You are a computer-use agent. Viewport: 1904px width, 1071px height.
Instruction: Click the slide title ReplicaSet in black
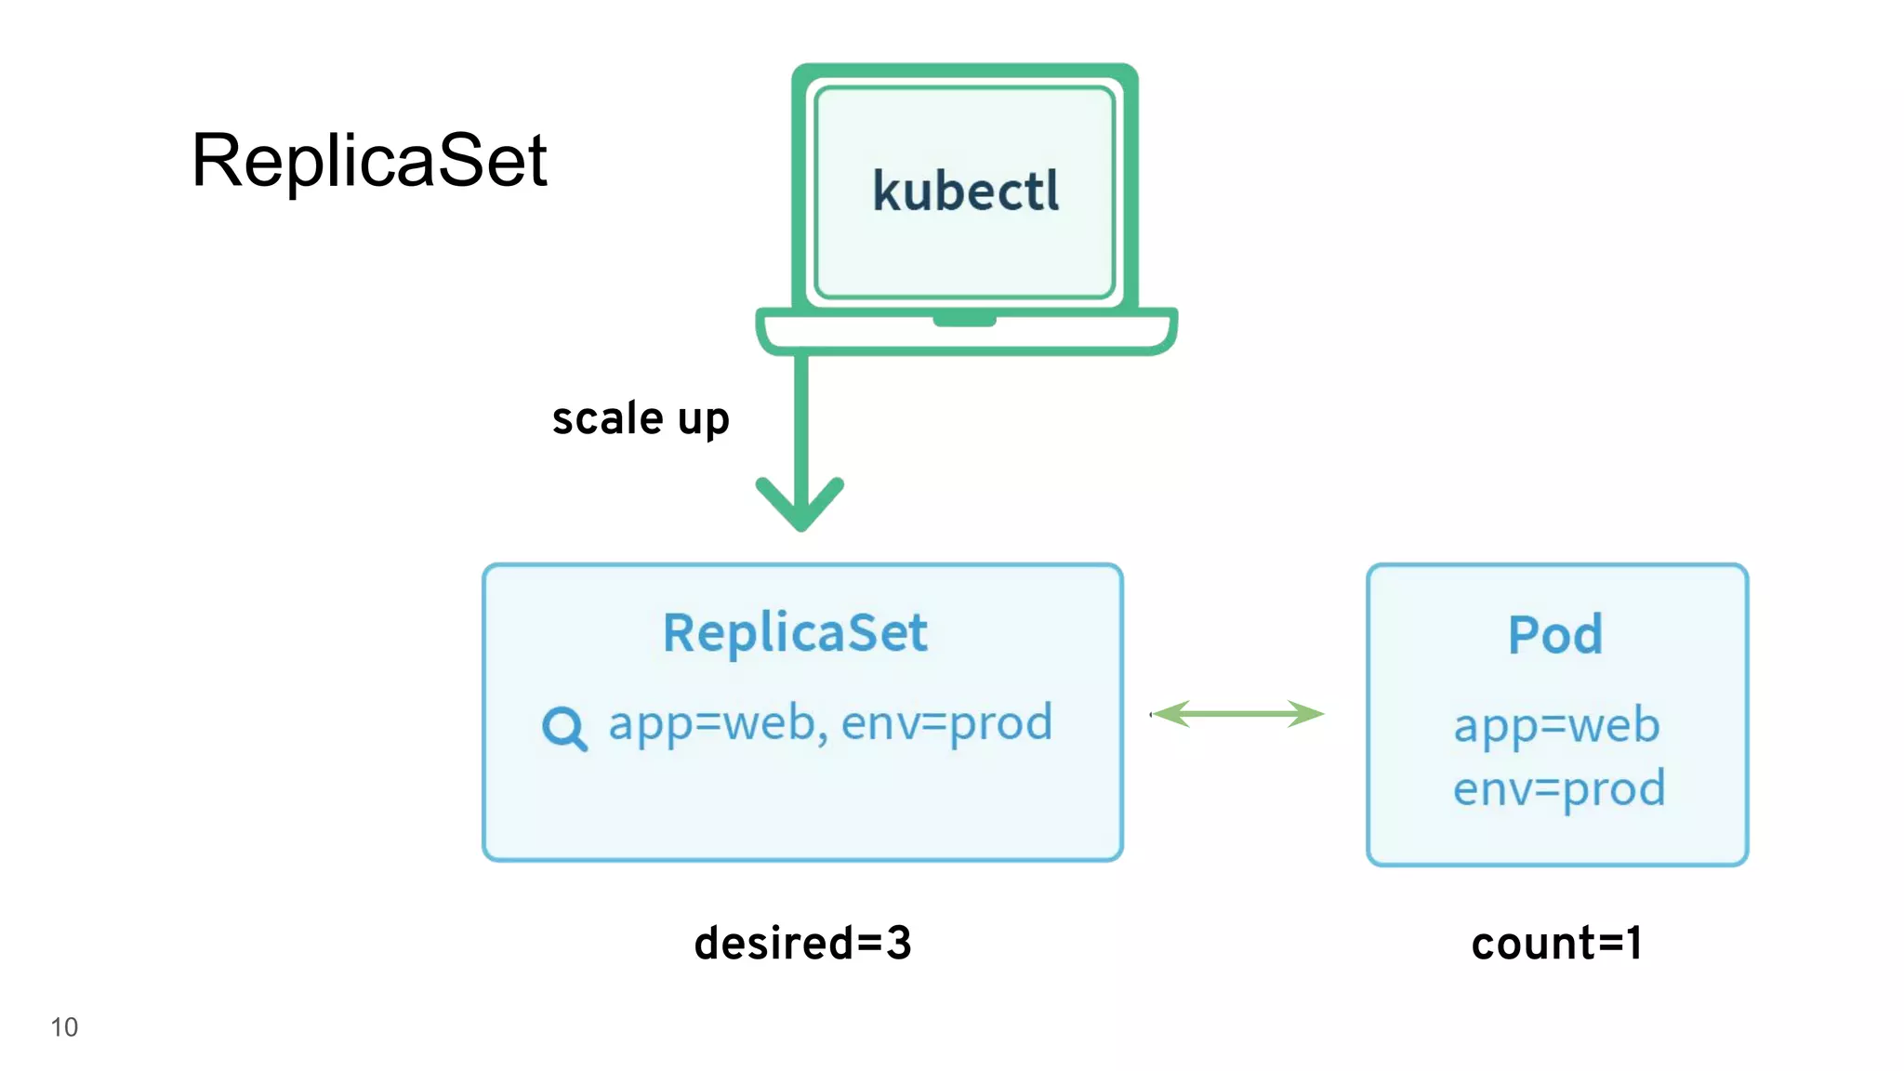369,160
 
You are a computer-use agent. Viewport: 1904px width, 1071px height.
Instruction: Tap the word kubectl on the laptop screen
965,192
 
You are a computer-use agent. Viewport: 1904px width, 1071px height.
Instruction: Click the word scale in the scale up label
607,418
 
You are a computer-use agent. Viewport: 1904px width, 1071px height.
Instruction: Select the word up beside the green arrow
703,420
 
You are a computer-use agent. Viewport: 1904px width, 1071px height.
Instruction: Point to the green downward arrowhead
800,507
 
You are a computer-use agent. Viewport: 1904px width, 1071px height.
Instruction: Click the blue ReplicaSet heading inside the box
795,633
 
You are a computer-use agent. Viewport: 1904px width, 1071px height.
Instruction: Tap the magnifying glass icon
564,728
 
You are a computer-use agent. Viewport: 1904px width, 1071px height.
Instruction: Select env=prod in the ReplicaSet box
946,723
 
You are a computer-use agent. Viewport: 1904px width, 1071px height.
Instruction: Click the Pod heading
1555,635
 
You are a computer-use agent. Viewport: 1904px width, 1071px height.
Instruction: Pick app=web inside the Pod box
1556,725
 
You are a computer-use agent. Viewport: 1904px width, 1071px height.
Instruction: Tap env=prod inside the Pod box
1559,788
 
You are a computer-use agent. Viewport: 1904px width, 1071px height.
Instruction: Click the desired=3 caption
802,943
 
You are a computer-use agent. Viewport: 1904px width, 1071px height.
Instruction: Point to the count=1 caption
1557,943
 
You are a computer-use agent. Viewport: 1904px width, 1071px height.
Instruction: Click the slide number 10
64,1027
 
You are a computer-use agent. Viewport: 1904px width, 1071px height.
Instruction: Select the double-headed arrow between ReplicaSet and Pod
1237,714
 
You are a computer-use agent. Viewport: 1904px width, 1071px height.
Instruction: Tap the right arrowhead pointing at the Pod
1307,714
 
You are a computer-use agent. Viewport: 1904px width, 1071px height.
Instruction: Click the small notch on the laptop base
964,321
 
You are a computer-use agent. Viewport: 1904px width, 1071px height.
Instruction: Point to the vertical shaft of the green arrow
801,418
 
